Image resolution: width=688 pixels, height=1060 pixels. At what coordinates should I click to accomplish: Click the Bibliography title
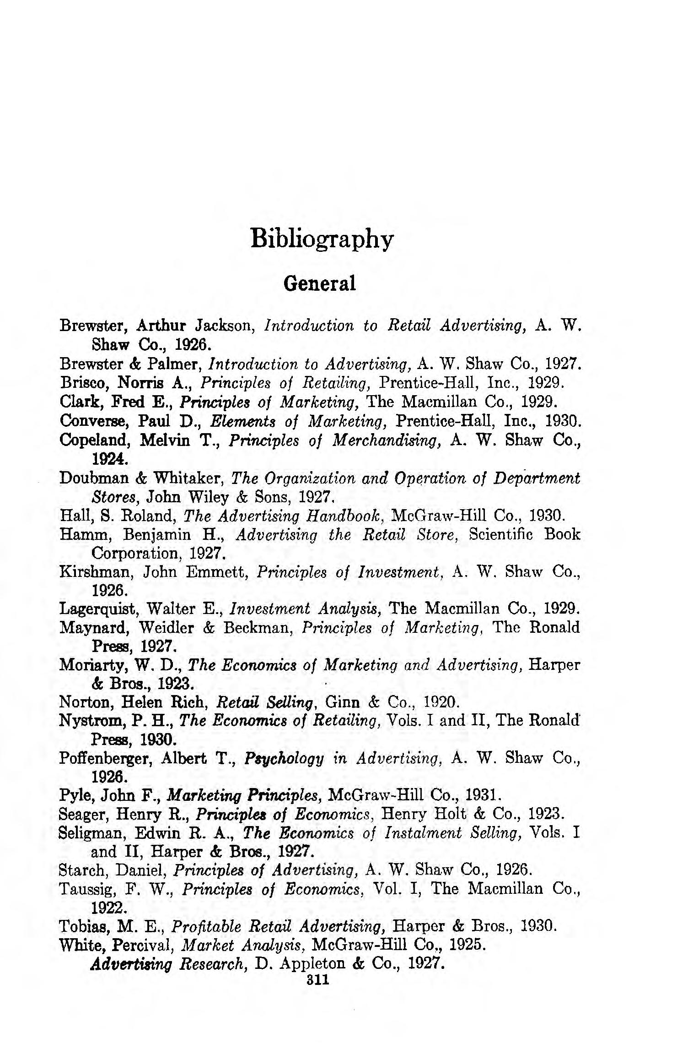(x=322, y=239)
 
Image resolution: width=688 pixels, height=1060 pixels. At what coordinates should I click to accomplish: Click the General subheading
(x=319, y=283)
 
